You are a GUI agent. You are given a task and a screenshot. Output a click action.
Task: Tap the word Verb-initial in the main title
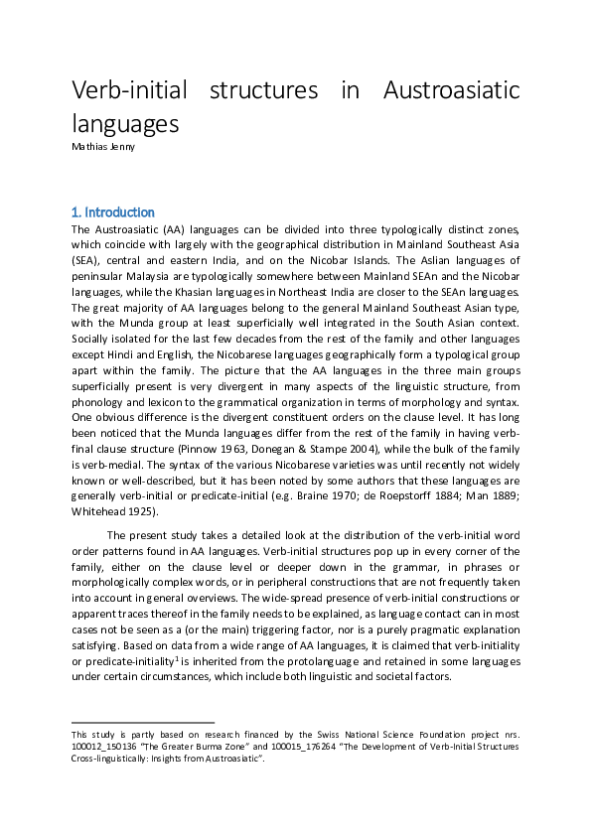126,91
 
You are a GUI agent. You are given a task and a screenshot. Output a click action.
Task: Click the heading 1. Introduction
113,212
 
